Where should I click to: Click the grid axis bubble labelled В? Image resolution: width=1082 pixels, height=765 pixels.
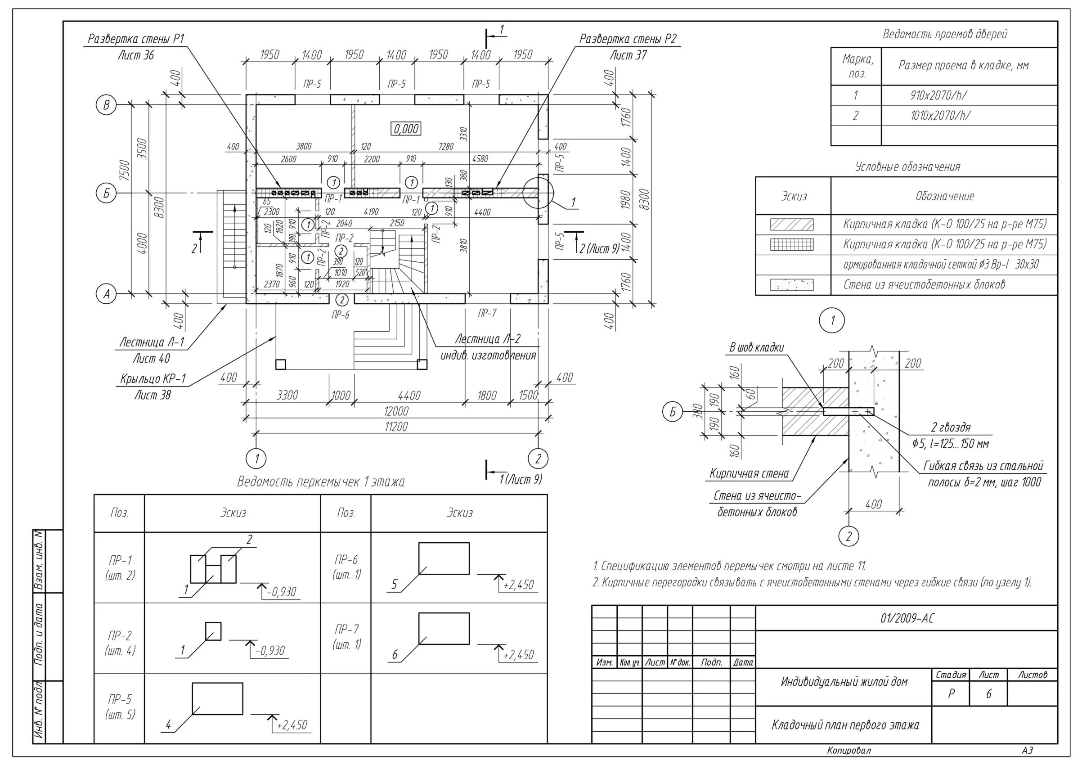106,105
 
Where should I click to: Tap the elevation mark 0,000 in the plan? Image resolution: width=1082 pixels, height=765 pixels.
406,129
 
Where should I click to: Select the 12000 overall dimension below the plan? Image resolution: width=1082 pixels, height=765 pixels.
396,411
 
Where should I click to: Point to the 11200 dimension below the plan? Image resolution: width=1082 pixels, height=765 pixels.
396,427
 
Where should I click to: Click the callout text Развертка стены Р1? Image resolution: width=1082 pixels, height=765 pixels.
136,39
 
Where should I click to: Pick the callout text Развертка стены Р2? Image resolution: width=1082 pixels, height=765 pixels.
628,39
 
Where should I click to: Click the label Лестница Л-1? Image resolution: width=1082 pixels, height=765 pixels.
151,342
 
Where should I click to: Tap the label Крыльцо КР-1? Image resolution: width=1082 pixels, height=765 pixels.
153,378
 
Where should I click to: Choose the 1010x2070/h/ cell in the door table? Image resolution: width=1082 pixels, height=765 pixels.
940,116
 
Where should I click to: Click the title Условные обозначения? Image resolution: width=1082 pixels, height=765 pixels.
907,167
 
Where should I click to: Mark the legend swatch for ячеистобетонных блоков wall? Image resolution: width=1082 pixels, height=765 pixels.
792,285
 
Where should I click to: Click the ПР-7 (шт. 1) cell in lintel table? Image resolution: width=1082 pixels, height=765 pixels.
346,636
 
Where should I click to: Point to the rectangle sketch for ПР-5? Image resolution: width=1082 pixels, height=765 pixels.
217,698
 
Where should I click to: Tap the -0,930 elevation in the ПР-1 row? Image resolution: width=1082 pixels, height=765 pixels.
281,592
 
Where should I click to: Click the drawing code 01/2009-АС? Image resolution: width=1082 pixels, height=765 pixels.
906,618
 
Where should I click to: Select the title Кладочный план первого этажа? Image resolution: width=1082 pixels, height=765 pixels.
844,725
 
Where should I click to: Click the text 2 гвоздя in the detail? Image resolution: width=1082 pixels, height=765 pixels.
951,427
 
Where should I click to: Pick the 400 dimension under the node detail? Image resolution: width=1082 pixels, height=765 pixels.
873,504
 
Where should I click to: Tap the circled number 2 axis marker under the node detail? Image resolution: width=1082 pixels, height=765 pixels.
849,536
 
